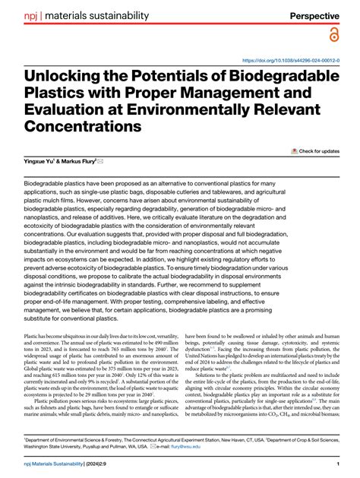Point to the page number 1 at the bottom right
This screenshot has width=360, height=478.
point(336,464)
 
